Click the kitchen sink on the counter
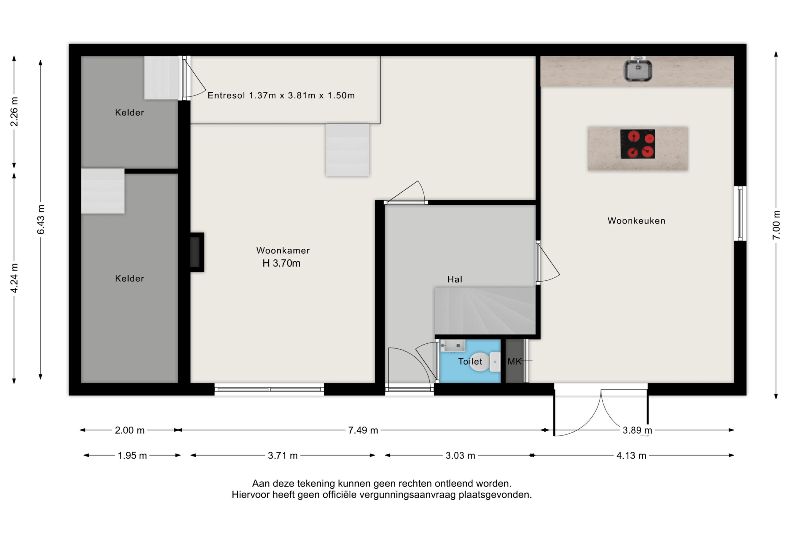638,70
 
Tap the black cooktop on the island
637,144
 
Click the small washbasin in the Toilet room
453,346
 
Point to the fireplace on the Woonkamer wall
197,252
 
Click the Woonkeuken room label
636,221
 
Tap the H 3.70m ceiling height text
282,263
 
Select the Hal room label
454,280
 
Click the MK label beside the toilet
514,361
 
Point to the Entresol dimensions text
281,95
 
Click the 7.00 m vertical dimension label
776,225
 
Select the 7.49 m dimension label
363,430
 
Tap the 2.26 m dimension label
14,112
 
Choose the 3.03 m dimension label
460,455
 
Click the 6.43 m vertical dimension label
40,220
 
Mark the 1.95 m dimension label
132,455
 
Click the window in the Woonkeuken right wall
740,213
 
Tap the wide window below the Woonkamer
269,389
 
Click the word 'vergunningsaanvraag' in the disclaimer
408,495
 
